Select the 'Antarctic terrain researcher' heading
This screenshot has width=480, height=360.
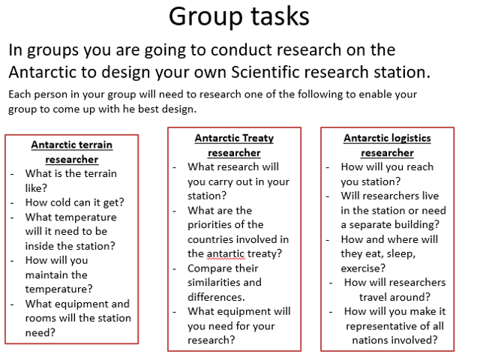71,151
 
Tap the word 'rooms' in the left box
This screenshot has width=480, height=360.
43,318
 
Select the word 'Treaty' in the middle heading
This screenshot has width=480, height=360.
256,138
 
